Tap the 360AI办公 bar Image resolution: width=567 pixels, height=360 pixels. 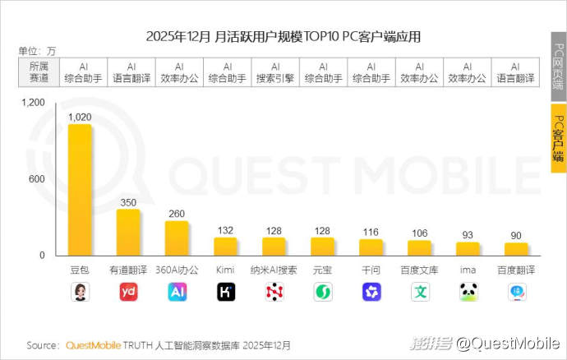click(177, 238)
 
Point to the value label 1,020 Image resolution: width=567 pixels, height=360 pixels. click(80, 118)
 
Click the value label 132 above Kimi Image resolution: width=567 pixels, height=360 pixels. click(225, 231)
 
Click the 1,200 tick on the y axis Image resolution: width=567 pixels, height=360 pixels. click(34, 104)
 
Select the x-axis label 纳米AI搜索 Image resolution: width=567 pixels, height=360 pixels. click(274, 270)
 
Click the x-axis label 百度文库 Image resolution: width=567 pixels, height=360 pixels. click(419, 270)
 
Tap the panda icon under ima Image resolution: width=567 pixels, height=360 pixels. click(468, 292)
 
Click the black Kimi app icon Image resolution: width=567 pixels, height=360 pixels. click(225, 292)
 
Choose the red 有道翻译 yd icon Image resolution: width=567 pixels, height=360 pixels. click(128, 292)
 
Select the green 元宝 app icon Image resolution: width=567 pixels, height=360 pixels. click(322, 292)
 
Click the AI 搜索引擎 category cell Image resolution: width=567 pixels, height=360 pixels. click(274, 72)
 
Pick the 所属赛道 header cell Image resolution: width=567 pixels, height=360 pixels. click(38, 72)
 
